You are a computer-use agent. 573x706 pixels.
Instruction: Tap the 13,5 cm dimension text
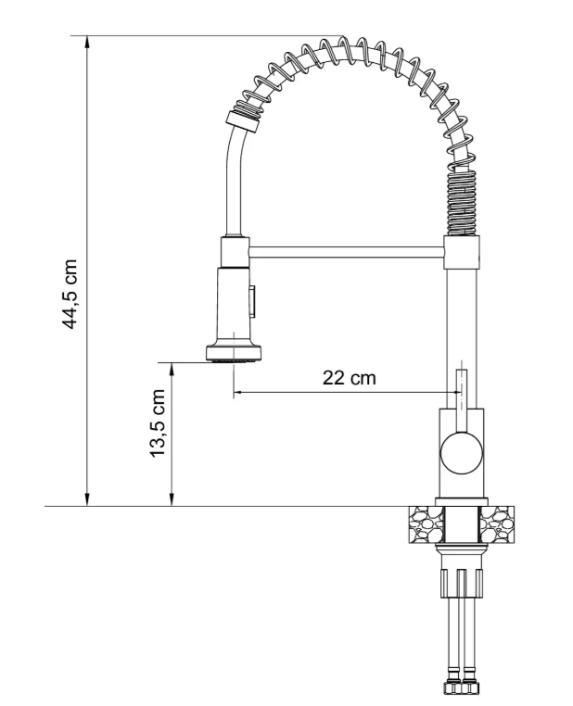tap(159, 422)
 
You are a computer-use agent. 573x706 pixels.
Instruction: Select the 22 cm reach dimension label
tap(350, 377)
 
